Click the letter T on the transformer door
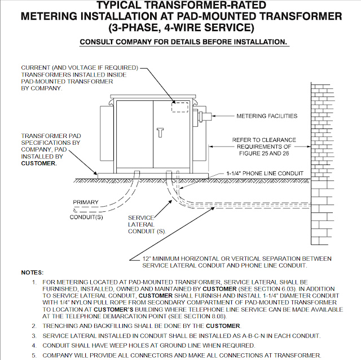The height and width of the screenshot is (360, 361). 160,132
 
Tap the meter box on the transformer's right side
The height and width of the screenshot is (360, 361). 205,117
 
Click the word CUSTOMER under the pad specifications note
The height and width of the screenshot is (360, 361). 39,163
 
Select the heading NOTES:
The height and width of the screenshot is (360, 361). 33,272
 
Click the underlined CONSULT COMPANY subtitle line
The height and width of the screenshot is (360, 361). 184,42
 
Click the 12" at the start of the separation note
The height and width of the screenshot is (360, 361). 148,258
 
